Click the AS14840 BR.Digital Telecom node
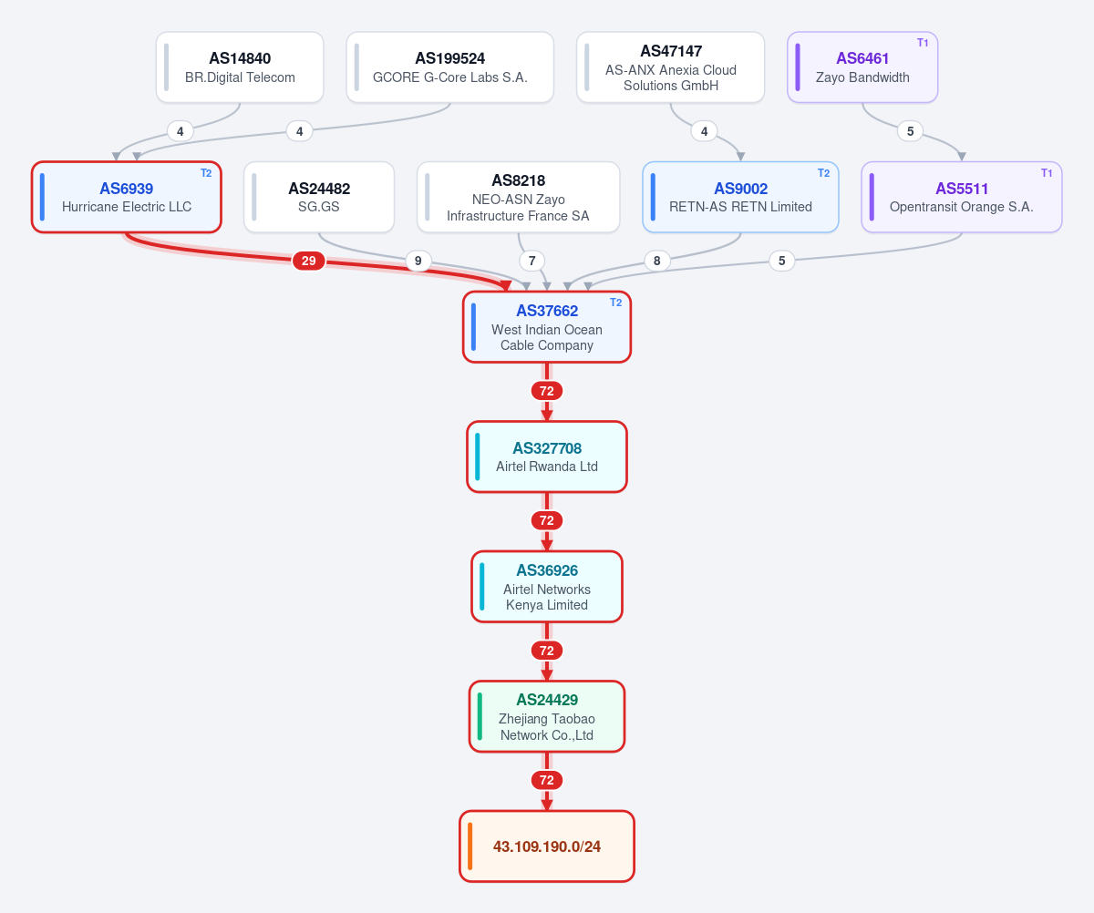pos(240,67)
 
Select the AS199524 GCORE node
pos(450,67)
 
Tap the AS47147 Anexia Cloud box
pos(670,67)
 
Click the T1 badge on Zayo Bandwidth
pos(923,43)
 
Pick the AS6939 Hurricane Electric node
pos(127,197)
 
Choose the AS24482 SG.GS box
pos(318,197)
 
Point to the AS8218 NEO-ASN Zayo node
pos(518,197)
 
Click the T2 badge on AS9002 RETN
pos(823,173)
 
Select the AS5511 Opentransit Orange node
pos(962,197)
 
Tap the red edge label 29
pos(309,261)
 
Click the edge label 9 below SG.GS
pos(418,261)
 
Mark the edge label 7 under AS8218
pos(532,261)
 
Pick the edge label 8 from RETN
pos(656,261)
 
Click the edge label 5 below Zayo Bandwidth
pos(910,131)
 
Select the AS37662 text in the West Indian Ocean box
pos(547,311)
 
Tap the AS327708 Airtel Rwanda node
pos(547,456)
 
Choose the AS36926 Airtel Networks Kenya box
pos(547,587)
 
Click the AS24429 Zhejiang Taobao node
pos(547,716)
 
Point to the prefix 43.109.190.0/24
pos(547,846)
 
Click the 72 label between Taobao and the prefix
pos(547,781)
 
